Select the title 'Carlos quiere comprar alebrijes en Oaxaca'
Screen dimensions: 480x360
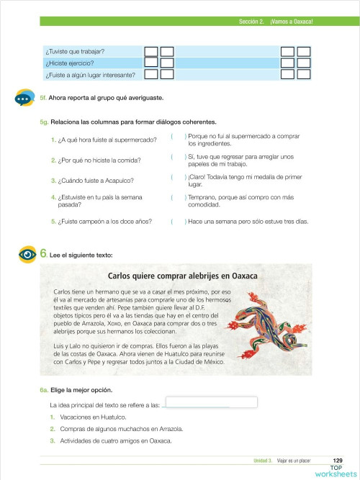click(181, 276)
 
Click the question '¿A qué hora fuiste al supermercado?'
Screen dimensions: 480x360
click(104, 140)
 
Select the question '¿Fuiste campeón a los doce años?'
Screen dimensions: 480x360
click(105, 222)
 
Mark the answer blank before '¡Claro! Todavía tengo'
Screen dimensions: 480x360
click(179, 176)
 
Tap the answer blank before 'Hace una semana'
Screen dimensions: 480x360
click(179, 222)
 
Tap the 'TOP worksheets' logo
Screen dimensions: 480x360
click(332, 471)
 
